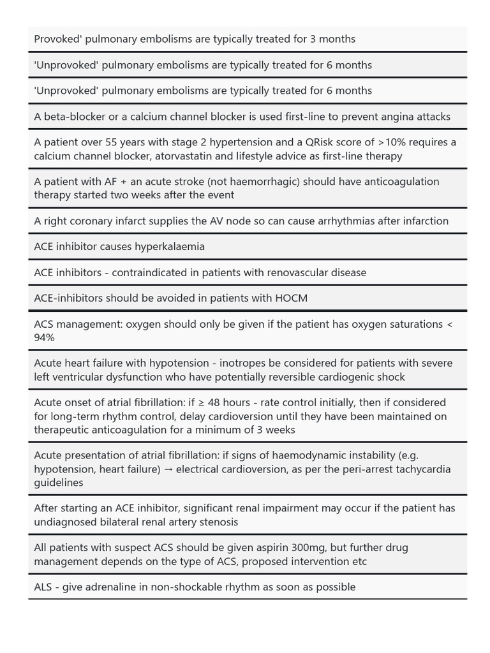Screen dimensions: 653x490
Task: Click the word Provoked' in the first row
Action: (x=57, y=39)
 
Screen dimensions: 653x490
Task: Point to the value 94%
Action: (x=45, y=338)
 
